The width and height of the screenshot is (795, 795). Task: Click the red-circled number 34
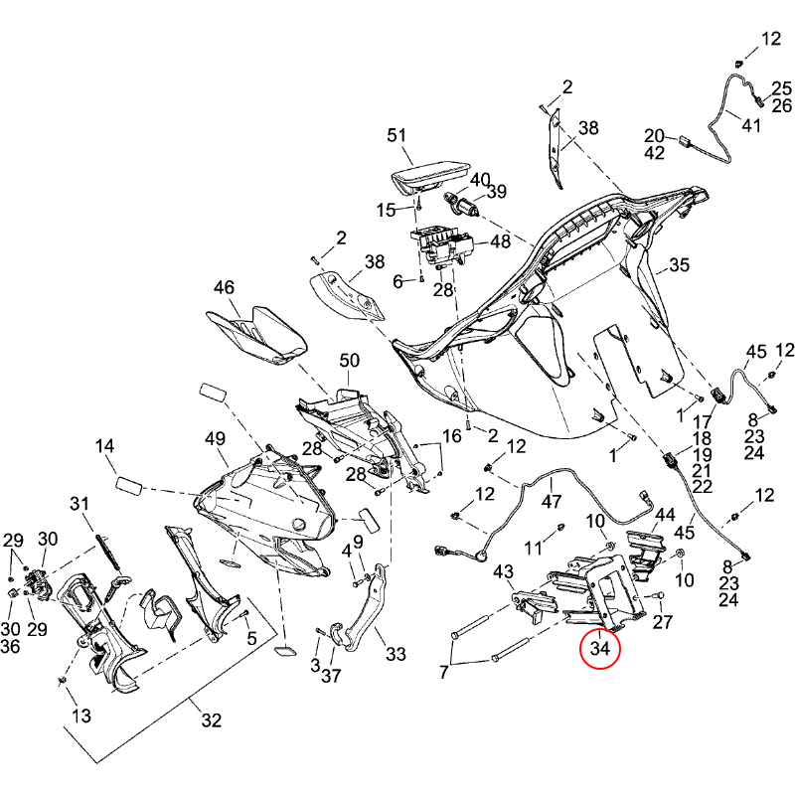coord(600,650)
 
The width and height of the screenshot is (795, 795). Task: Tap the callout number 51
coord(397,135)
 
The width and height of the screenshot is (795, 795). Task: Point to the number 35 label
coord(679,265)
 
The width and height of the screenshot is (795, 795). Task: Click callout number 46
coord(224,287)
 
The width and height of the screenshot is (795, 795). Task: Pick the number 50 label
coord(350,360)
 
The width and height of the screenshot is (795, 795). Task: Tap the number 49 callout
coord(216,438)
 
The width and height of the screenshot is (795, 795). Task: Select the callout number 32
coord(212,720)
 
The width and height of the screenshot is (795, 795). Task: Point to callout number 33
coord(397,655)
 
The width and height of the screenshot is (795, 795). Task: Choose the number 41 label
coord(750,125)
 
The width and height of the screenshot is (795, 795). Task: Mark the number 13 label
coord(80,715)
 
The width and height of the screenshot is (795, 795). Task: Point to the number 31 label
coord(79,504)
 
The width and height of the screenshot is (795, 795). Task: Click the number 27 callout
coord(663,622)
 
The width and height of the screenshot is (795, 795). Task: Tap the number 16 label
coord(452,436)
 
